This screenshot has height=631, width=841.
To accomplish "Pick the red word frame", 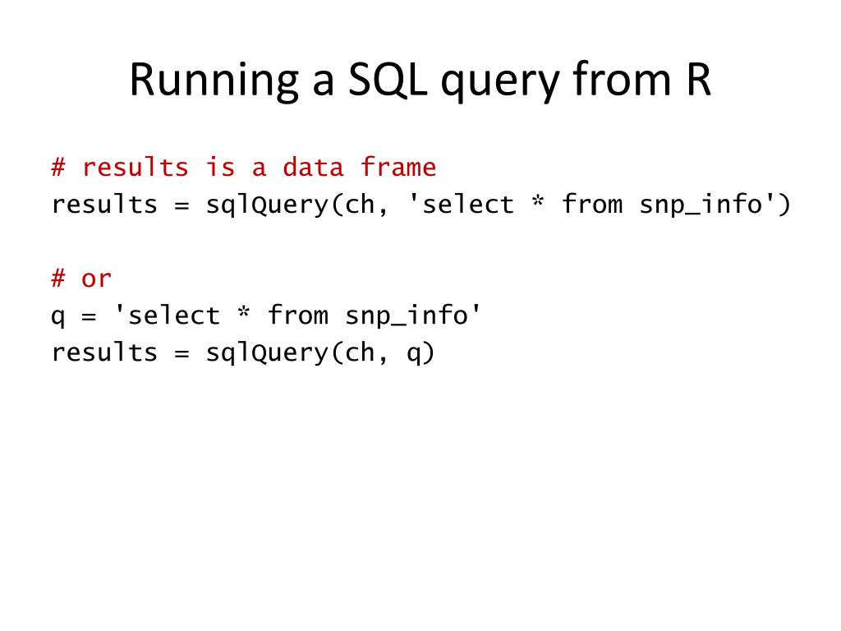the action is coord(398,168).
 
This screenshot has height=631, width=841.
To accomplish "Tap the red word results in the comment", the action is coord(136,168).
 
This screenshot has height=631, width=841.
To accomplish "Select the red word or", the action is coord(96,279).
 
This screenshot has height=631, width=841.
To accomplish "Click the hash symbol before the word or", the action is coord(58,279).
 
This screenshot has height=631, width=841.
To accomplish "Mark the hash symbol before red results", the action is coord(58,168).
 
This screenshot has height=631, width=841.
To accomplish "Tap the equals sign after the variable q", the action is coord(89,315).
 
